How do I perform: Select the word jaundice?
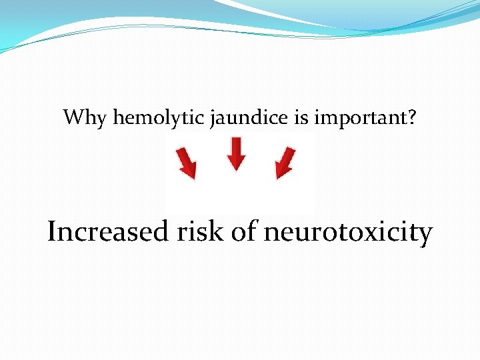[x=249, y=119]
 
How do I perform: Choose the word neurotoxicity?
[x=348, y=233]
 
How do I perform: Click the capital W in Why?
[x=75, y=118]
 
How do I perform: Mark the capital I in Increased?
[x=53, y=231]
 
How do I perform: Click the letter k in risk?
[x=218, y=231]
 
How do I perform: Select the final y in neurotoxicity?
[x=424, y=235]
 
